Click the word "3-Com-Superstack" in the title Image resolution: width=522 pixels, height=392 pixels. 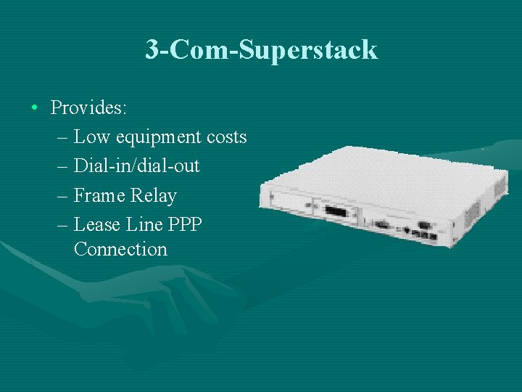click(261, 49)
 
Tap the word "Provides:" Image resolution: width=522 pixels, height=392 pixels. click(89, 108)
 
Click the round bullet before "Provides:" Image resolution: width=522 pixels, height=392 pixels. click(35, 108)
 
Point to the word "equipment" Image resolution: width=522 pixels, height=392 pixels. click(147, 137)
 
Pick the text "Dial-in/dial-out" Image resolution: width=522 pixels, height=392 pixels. click(136, 166)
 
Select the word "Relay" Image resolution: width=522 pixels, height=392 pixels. click(154, 195)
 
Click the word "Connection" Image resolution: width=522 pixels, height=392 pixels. click(120, 249)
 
